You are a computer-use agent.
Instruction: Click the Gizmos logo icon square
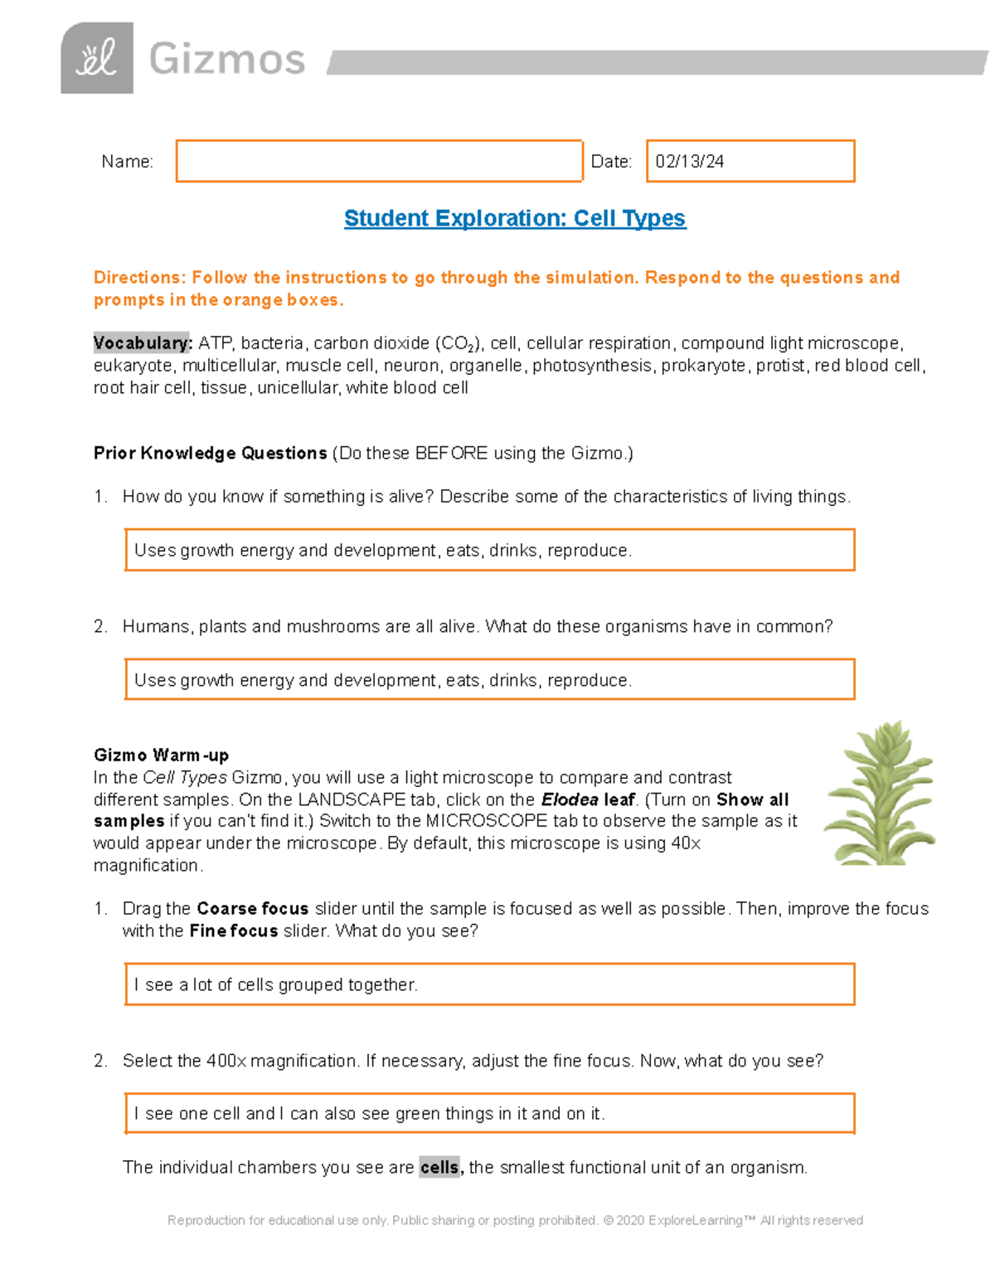97,58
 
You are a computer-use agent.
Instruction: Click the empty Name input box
379,161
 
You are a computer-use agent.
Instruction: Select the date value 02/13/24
689,162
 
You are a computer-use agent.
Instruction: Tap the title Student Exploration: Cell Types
514,218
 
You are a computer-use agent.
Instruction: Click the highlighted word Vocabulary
142,343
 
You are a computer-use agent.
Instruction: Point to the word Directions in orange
138,278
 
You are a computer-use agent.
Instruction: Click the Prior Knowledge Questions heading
210,453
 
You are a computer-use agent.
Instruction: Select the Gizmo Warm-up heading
161,755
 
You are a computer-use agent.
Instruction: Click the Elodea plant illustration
881,794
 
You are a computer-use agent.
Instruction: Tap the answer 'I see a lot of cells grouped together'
276,984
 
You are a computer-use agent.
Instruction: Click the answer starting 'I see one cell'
369,1114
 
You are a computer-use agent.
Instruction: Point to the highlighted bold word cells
439,1167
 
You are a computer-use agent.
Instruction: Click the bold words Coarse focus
252,908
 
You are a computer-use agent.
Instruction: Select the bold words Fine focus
233,931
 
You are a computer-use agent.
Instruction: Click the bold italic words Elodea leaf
588,800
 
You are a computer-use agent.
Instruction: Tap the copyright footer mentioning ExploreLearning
514,1220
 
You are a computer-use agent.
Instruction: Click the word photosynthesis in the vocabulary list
592,366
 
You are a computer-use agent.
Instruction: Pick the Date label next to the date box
611,162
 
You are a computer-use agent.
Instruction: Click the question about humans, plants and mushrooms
477,626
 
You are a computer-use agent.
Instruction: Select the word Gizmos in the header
227,60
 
